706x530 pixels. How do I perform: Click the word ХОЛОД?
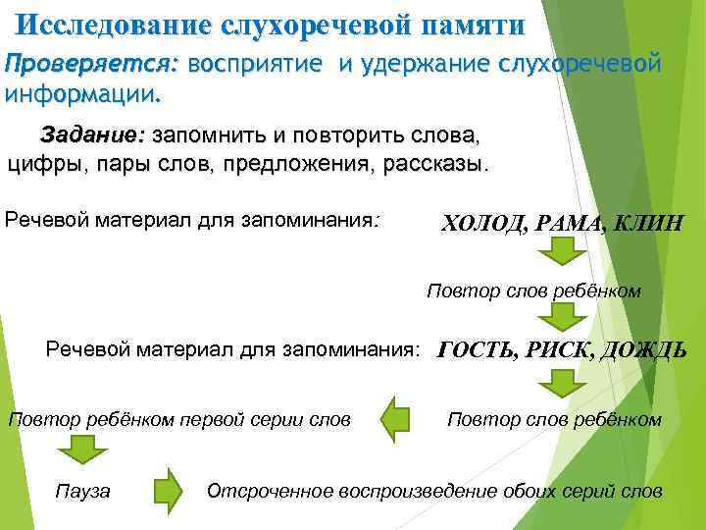(483, 224)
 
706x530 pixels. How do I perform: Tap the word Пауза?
(83, 491)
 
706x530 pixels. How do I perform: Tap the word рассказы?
(436, 162)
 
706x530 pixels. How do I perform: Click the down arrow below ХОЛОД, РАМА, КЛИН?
(562, 254)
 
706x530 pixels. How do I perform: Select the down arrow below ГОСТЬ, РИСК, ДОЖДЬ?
(562, 383)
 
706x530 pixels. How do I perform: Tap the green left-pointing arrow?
(396, 419)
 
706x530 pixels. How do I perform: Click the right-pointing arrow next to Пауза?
(168, 490)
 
